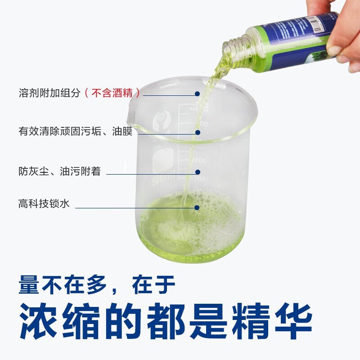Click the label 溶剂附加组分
click(x=49, y=94)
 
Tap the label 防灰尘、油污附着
click(x=59, y=171)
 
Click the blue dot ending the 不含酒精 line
click(x=197, y=94)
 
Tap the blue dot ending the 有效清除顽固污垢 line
click(x=197, y=132)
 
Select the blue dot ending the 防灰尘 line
click(x=197, y=171)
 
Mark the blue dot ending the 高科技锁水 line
click(x=197, y=207)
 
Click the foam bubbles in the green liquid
click(x=216, y=216)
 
